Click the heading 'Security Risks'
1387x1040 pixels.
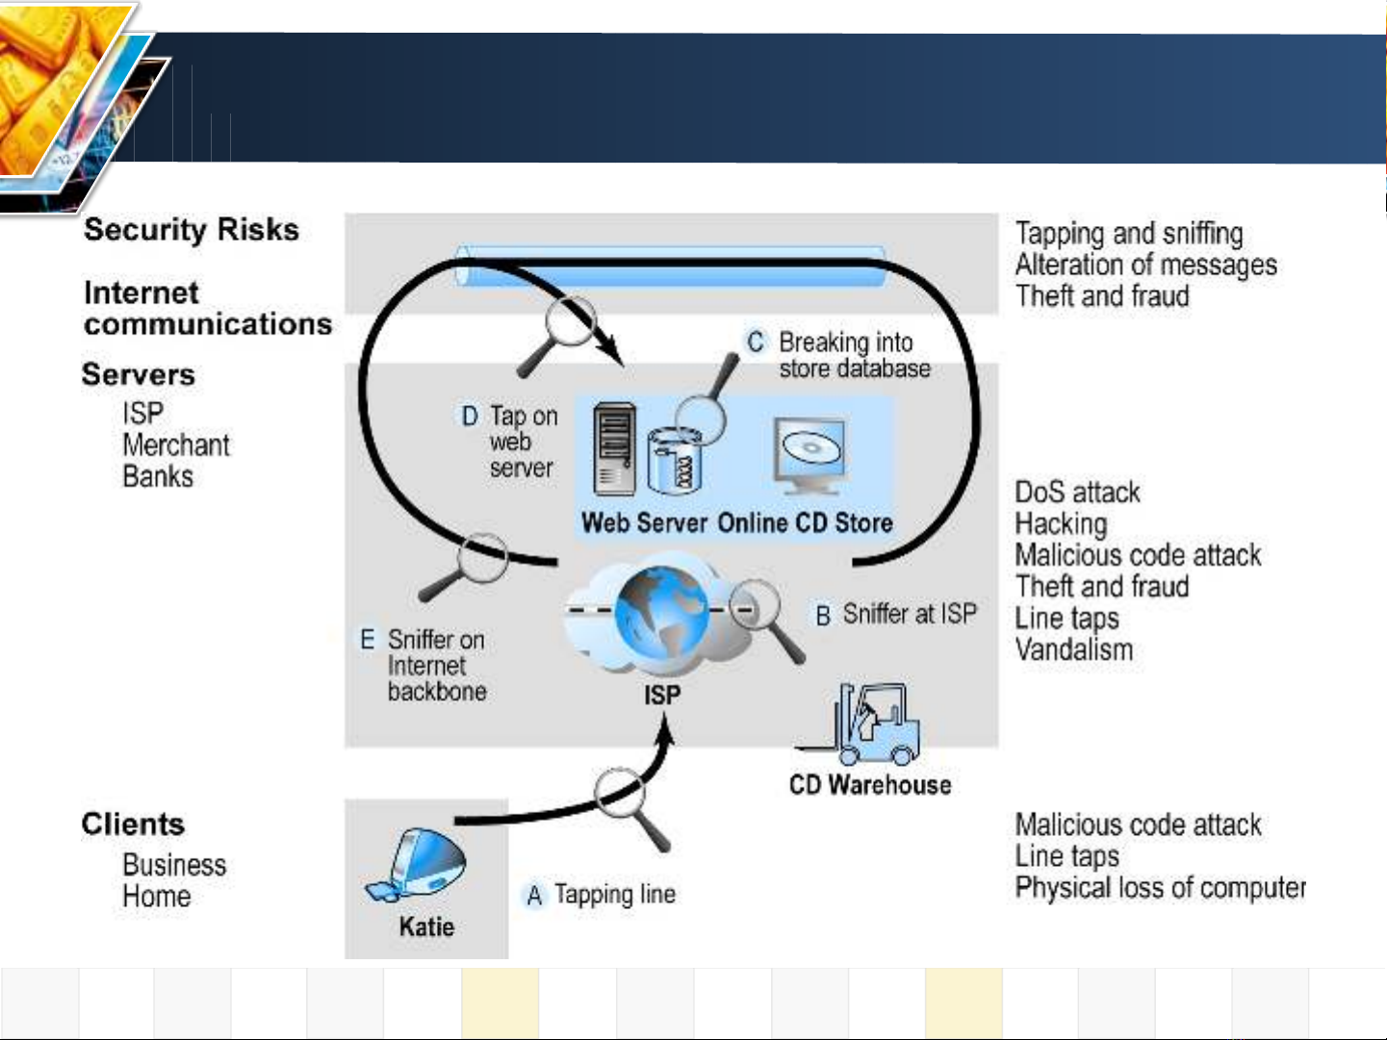pyautogui.click(x=192, y=229)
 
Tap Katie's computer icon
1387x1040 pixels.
pyautogui.click(x=416, y=865)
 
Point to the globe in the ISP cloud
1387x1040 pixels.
pyautogui.click(x=661, y=612)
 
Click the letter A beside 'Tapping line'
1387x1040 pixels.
pyautogui.click(x=534, y=896)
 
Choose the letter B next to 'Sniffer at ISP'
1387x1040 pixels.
pyautogui.click(x=823, y=616)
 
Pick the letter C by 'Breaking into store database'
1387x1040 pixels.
pyautogui.click(x=756, y=342)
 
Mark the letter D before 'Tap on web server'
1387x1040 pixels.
pyautogui.click(x=470, y=417)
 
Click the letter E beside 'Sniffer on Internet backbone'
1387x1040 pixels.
pyautogui.click(x=368, y=639)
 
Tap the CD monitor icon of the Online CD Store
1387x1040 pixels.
pyautogui.click(x=810, y=455)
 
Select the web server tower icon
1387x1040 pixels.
pyautogui.click(x=614, y=449)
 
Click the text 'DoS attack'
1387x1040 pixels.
pyautogui.click(x=1077, y=493)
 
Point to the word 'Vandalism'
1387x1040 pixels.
pyautogui.click(x=1074, y=649)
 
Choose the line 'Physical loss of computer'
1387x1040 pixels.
pyautogui.click(x=1160, y=888)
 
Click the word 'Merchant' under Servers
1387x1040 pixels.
pyautogui.click(x=176, y=445)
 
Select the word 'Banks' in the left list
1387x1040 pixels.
pyautogui.click(x=158, y=477)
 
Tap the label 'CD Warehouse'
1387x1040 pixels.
pyautogui.click(x=870, y=785)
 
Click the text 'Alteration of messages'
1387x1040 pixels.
pyautogui.click(x=1146, y=265)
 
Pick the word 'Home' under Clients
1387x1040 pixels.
pyautogui.click(x=157, y=897)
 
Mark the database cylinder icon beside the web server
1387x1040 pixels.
pyautogui.click(x=675, y=460)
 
